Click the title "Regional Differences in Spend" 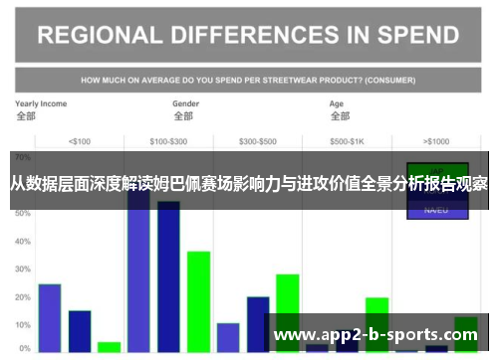click(248, 35)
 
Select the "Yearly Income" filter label click(41, 103)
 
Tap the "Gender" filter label click(186, 103)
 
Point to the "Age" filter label click(338, 103)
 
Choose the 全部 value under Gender click(182, 116)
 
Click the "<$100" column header click(79, 141)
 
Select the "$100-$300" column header click(167, 141)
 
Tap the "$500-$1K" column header click(347, 141)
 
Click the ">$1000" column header click(436, 141)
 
